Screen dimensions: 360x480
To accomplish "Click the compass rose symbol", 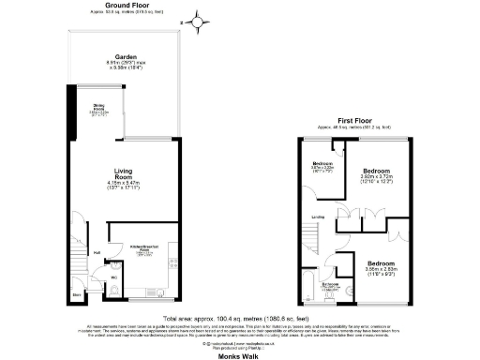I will pos(199,19).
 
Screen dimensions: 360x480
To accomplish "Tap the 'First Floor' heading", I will pos(355,119).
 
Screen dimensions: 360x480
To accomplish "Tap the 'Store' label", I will pos(78,292).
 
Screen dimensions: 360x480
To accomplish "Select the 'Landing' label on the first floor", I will pos(319,217).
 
